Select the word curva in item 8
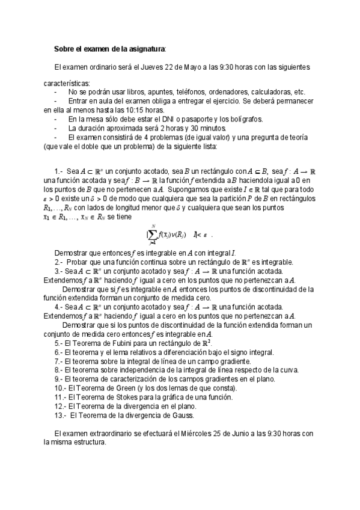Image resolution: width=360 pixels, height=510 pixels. point(287,370)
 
